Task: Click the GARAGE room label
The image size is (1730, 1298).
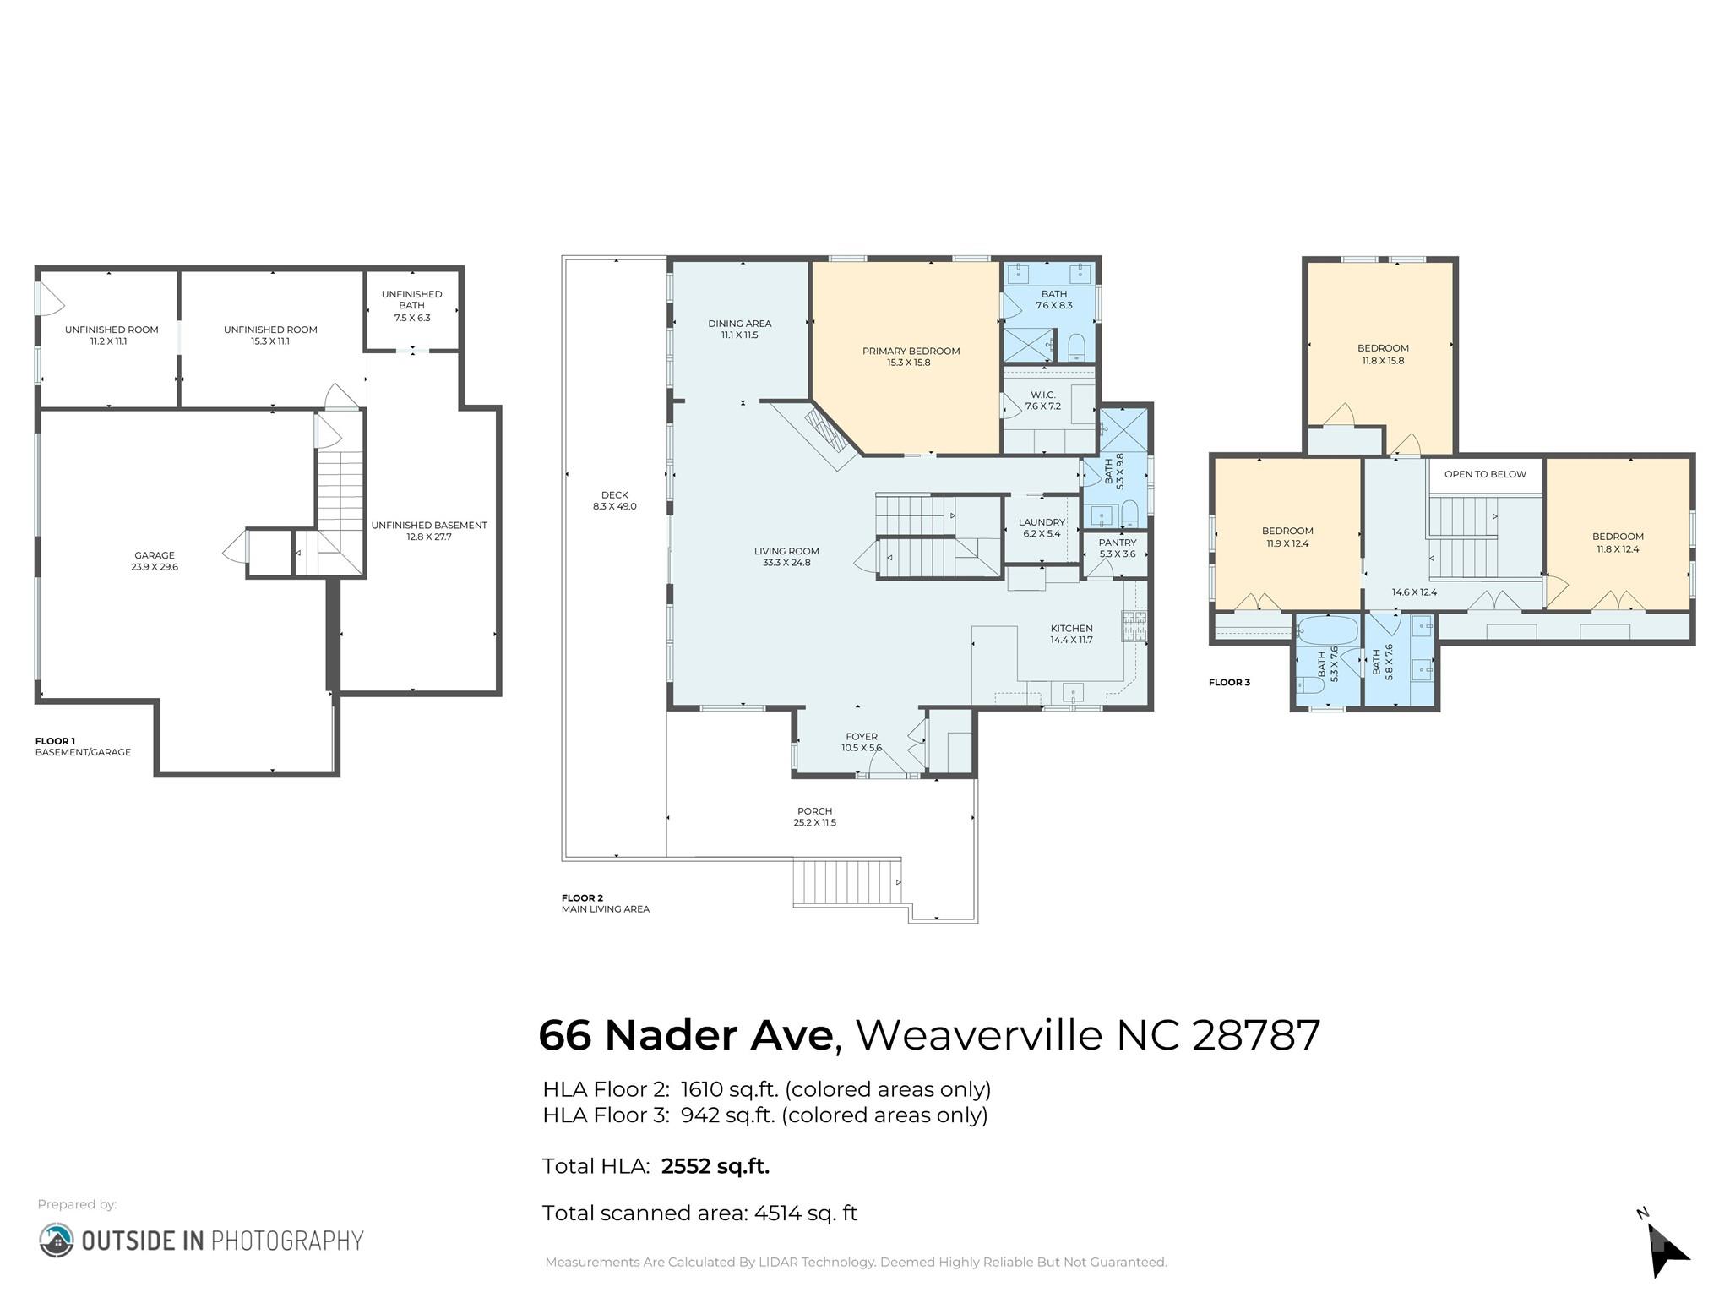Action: [x=154, y=555]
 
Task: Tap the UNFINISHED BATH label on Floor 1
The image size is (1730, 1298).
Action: [x=411, y=300]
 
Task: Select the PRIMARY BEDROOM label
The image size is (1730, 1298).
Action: [x=911, y=351]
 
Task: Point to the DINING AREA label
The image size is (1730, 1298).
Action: [x=739, y=324]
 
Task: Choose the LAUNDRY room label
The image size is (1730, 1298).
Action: [x=1041, y=522]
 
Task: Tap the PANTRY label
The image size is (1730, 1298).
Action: [x=1117, y=543]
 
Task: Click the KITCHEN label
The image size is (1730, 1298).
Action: [x=1071, y=629]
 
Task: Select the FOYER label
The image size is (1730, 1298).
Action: [x=861, y=737]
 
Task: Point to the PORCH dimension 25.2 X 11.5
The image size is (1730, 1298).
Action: [x=814, y=822]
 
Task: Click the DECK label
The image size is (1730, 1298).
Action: [x=614, y=495]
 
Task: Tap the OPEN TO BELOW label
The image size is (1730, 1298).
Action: [x=1484, y=474]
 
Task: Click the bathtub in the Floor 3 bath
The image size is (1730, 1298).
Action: [x=1327, y=630]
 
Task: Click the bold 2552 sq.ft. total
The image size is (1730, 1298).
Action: [x=715, y=1166]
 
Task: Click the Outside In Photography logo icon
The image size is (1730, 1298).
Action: [x=56, y=1240]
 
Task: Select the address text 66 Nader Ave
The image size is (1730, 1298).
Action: [x=685, y=1035]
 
